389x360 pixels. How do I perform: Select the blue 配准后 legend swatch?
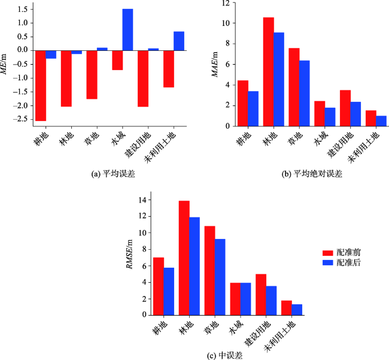click(327, 262)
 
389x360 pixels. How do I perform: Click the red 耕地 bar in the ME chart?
click(41, 86)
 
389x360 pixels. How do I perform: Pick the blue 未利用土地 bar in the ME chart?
click(179, 41)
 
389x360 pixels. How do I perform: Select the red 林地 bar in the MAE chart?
click(269, 72)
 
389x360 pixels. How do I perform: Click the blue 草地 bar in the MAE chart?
click(305, 93)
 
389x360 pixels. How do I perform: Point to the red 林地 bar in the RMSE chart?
click(184, 258)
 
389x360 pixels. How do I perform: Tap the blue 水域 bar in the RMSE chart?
click(245, 298)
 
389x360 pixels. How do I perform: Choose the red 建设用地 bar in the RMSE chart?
click(260, 294)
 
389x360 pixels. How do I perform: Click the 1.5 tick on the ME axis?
click(24, 10)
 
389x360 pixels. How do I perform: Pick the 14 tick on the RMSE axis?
click(141, 200)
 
